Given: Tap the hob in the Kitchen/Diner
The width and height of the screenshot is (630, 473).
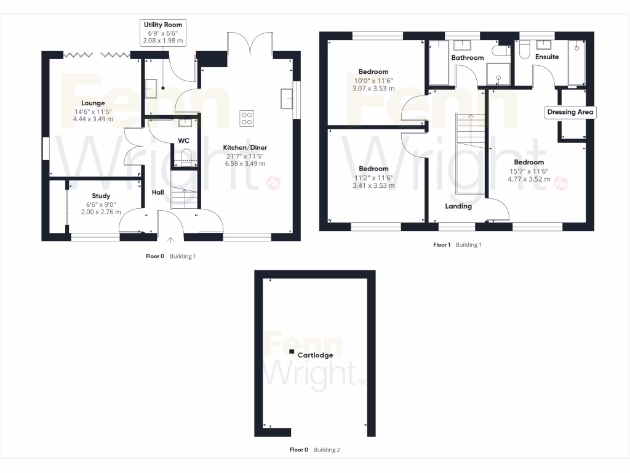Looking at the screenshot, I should (x=247, y=118).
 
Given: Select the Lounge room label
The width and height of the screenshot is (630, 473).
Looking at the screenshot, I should (x=93, y=103).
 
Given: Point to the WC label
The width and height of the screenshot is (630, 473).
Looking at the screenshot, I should (x=183, y=141).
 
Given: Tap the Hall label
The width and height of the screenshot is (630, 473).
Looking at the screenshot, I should (x=158, y=193).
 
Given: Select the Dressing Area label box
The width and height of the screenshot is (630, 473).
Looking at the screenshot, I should (x=570, y=112).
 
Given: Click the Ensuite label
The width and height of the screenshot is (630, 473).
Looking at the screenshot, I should (x=547, y=57).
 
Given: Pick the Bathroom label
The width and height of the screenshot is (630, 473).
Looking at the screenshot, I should (x=468, y=58).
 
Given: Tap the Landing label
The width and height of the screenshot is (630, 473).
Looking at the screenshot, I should (x=458, y=206).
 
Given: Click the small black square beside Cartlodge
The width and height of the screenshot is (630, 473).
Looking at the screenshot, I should (x=292, y=352).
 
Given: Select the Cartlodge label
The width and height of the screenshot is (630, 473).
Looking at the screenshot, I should (x=315, y=355).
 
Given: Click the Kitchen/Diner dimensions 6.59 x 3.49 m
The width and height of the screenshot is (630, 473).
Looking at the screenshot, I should (x=245, y=164).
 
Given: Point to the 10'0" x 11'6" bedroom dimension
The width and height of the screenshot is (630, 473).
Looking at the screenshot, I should (x=373, y=81).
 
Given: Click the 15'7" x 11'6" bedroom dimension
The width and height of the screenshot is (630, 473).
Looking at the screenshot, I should (x=528, y=171).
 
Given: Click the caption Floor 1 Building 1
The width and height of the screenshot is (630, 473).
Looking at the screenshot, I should (x=457, y=245).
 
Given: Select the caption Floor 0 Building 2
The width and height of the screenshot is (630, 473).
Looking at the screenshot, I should (x=314, y=450).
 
